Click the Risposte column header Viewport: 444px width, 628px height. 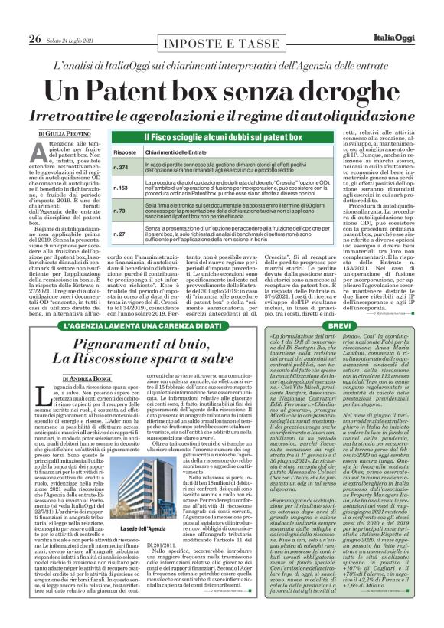[126, 152]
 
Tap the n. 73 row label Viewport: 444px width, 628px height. [120, 210]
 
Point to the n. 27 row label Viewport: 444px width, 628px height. [120, 233]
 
